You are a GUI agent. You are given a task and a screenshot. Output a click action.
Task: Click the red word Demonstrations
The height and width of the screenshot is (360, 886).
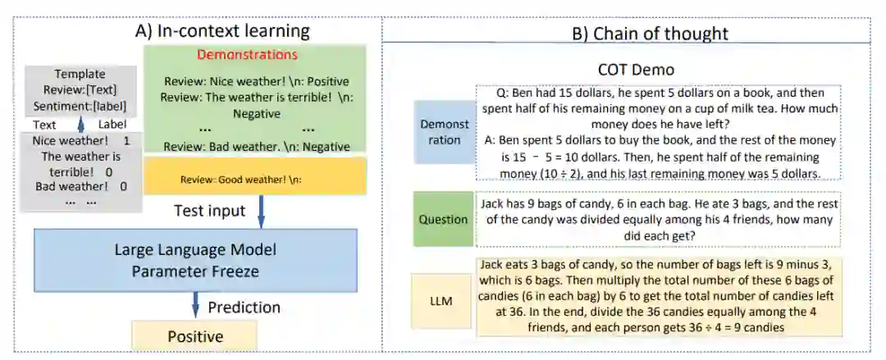(x=247, y=56)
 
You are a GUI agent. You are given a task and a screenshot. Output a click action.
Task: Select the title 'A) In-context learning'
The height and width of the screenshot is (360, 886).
(x=221, y=32)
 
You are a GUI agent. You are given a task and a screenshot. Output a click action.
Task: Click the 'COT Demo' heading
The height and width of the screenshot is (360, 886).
(x=636, y=70)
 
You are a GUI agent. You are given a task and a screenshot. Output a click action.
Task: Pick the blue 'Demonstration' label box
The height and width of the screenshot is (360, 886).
(x=445, y=131)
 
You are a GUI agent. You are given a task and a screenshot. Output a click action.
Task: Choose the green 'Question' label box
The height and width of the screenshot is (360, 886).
(x=444, y=219)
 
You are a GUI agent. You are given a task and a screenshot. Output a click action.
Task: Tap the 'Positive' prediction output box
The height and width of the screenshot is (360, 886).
(x=195, y=336)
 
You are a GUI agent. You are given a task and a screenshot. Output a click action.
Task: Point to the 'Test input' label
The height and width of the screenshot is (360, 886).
(x=209, y=211)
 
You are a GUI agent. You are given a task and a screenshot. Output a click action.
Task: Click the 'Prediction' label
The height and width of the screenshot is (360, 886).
(x=244, y=308)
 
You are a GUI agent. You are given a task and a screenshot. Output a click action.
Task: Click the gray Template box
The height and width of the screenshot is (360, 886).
(x=80, y=90)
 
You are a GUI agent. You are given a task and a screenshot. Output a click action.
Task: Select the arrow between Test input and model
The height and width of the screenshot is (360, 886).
(x=261, y=211)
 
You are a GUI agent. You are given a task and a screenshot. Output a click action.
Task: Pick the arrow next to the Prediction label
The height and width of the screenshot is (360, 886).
(x=195, y=305)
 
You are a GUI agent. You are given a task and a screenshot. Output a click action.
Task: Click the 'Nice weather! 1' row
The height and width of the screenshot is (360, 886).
(x=80, y=141)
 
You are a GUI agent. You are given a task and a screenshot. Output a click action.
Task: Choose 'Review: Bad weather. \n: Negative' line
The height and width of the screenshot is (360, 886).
(x=257, y=146)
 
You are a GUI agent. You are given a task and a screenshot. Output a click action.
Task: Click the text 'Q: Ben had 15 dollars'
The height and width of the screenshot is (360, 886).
(x=549, y=92)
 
